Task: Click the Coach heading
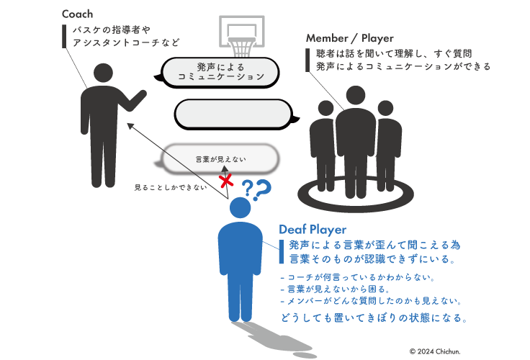point(77,14)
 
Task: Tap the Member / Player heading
point(349,38)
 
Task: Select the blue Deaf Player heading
point(313,230)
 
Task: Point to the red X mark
point(226,179)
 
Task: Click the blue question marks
point(255,190)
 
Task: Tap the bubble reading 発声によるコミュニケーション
point(220,71)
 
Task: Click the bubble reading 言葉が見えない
point(220,158)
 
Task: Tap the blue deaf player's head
point(240,209)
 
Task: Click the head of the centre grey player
point(356,95)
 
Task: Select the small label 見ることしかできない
point(171,188)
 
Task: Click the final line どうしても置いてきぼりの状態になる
point(374,317)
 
